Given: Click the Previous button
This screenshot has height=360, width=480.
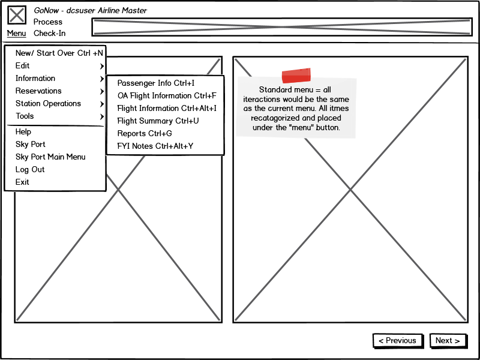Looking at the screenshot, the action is click(x=398, y=341).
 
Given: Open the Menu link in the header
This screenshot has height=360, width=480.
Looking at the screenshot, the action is click(x=17, y=34).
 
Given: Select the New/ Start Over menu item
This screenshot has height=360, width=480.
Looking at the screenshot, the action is click(x=59, y=53).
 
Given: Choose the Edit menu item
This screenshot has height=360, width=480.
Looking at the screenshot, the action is click(x=22, y=65).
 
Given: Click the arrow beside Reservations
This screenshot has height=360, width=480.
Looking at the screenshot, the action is click(x=101, y=91).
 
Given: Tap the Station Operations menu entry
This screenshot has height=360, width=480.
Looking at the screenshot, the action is click(x=48, y=103).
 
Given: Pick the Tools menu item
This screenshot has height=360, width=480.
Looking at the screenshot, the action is click(x=25, y=116).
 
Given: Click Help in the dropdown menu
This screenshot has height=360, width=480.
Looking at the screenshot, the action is click(x=23, y=131).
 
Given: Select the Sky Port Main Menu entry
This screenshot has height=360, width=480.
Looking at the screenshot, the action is click(x=50, y=157).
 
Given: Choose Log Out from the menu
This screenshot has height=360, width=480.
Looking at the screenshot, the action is click(x=30, y=169).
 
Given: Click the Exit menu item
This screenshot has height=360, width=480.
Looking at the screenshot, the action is click(x=22, y=182).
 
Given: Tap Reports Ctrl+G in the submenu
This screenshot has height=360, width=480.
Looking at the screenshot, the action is click(x=145, y=133).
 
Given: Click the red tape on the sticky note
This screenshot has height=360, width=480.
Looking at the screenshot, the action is click(x=296, y=76).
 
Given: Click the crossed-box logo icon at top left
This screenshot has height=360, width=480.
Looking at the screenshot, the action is click(x=17, y=15).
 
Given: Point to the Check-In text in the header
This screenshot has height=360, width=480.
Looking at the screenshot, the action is click(x=50, y=33).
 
